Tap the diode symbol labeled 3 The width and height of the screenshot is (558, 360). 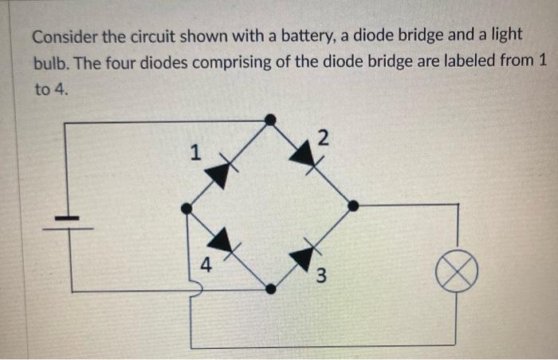tap(304, 256)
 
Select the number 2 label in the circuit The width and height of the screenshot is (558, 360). tap(322, 138)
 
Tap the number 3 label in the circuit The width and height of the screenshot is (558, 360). tap(320, 276)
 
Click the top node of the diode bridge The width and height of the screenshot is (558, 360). tap(270, 120)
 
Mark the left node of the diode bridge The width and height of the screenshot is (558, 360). tap(187, 209)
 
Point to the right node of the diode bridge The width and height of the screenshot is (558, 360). tap(353, 205)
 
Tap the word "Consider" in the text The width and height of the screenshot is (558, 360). tap(65, 37)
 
